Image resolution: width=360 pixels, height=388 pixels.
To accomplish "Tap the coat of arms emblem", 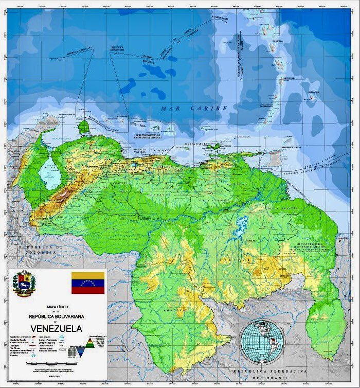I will pyautogui.click(x=24, y=284).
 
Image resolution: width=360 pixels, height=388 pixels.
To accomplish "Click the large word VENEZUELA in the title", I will pyautogui.click(x=56, y=328).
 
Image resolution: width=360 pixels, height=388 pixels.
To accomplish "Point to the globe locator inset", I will pyautogui.click(x=262, y=341).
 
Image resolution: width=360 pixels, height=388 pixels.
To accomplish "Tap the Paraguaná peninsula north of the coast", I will pyautogui.click(x=83, y=126).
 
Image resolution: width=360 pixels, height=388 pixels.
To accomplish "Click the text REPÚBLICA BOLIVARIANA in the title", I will pyautogui.click(x=56, y=316).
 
